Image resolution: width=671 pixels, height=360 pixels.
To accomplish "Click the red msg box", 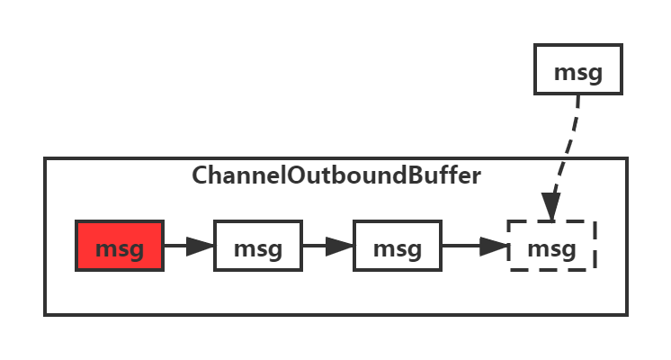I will point(120,246).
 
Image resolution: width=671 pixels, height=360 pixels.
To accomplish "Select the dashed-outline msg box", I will point(551,246).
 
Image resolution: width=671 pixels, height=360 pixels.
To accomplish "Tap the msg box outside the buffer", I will point(577,69).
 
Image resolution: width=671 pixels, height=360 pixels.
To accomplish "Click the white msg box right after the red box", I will point(258,246).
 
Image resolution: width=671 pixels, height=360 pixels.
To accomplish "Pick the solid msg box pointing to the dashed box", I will point(397,246).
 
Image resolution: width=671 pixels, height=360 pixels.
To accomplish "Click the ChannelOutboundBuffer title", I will point(336,175).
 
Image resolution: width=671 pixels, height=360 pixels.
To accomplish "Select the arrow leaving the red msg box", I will point(188,246).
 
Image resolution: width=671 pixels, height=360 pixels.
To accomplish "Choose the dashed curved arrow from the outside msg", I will point(567,153).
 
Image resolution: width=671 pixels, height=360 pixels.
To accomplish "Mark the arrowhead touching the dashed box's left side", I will point(496,246).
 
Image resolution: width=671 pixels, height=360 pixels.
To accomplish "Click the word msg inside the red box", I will point(120,247).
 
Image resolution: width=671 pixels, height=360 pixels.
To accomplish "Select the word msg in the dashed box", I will point(551,247).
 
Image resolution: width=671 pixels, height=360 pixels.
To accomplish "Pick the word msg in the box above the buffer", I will point(577,71).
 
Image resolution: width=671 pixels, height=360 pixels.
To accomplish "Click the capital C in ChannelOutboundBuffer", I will point(200,175).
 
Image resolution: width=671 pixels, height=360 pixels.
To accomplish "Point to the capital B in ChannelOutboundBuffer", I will point(413,175).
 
